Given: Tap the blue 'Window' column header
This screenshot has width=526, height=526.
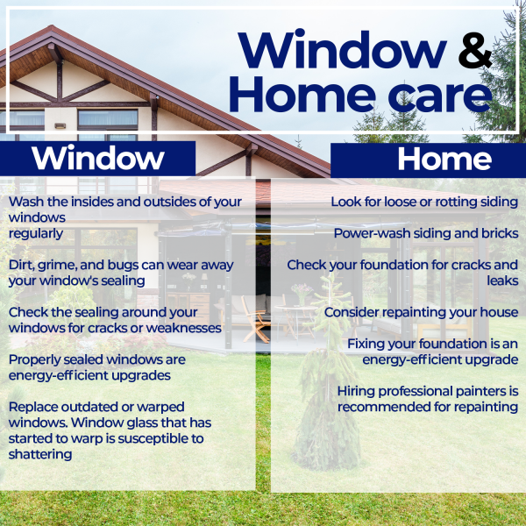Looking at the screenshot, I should pyautogui.click(x=97, y=159).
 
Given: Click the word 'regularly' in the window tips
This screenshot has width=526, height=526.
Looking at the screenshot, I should pyautogui.click(x=36, y=234).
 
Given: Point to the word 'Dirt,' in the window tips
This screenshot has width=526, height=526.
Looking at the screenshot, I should pyautogui.click(x=24, y=264).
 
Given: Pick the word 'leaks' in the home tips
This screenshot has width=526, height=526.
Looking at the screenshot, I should pyautogui.click(x=500, y=281).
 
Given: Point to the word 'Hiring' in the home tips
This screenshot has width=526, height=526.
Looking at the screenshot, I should pyautogui.click(x=359, y=390).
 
